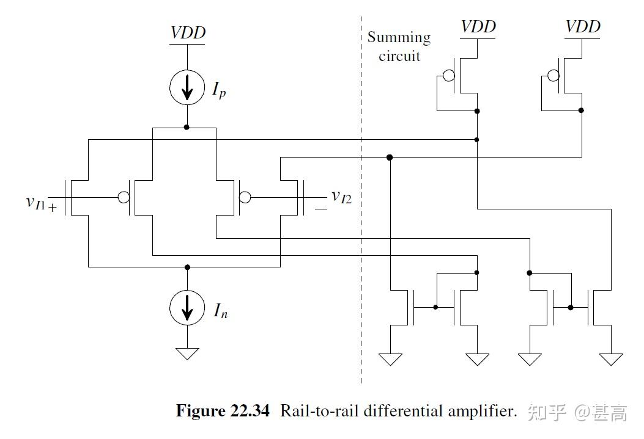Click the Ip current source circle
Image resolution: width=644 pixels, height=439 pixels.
[187, 89]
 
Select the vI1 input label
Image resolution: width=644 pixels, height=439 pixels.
[37, 201]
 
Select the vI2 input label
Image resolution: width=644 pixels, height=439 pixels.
[341, 196]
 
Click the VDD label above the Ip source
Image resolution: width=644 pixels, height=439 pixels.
[188, 32]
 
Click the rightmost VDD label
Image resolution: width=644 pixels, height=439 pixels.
[582, 26]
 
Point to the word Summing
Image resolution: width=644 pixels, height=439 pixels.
[399, 37]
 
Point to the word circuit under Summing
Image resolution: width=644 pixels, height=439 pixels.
[399, 56]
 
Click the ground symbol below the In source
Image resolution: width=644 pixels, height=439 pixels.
[187, 353]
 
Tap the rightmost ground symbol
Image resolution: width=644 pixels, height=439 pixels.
[611, 359]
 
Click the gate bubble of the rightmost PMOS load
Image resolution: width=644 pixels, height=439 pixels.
[553, 76]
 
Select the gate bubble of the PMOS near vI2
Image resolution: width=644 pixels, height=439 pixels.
[245, 197]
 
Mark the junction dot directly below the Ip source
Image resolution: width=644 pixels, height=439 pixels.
[187, 127]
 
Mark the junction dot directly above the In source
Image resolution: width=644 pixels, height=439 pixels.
[187, 267]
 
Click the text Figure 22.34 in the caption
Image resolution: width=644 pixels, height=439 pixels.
[222, 411]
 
